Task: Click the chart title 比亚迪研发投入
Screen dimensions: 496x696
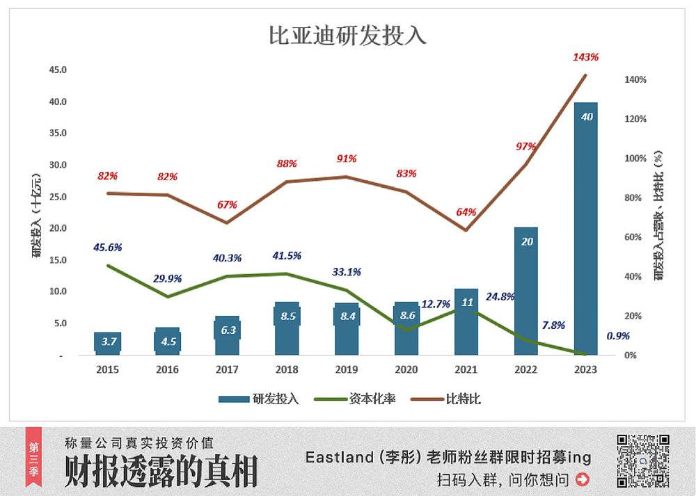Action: point(347,36)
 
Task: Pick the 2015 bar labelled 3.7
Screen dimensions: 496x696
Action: point(109,343)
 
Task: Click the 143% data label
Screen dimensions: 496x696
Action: point(585,57)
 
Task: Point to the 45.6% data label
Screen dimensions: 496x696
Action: point(108,247)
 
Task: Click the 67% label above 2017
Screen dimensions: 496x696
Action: point(227,205)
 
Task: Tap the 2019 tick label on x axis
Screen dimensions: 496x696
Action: point(347,369)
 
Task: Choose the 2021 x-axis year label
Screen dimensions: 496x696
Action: point(466,369)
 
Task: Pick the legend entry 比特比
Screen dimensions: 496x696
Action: point(450,399)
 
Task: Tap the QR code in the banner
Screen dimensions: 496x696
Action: point(643,460)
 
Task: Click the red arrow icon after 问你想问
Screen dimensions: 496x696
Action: point(583,479)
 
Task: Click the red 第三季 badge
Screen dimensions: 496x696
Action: point(34,460)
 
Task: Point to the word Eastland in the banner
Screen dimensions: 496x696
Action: point(339,457)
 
